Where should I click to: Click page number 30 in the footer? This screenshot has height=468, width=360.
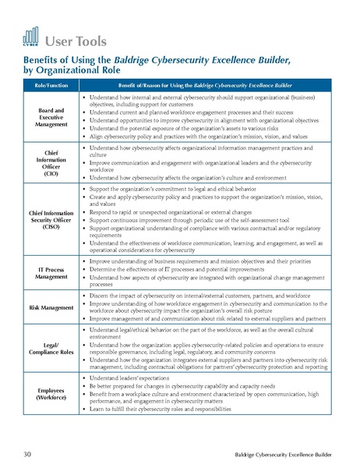27,452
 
